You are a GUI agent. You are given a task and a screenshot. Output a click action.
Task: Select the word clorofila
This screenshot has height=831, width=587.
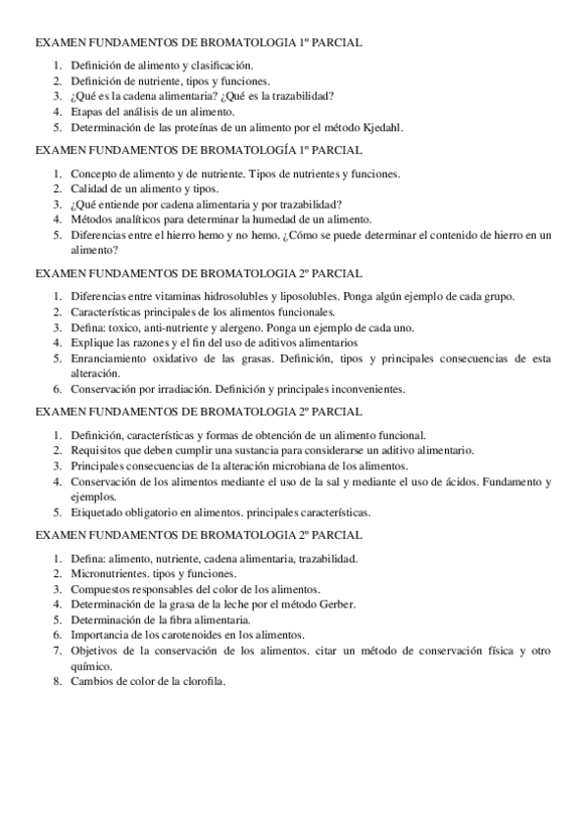[x=205, y=681]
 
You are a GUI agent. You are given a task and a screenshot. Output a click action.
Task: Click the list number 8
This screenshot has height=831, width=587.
[x=57, y=681]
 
